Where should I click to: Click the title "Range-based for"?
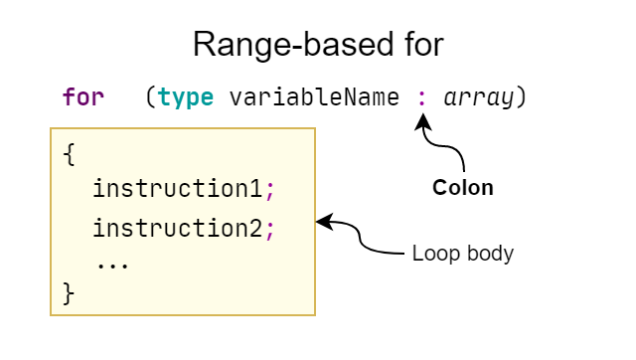(x=317, y=45)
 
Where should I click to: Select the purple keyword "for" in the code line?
(x=82, y=97)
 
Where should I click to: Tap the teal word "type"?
(x=186, y=98)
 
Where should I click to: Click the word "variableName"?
(x=314, y=98)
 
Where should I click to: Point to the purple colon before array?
(x=422, y=99)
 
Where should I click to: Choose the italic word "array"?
(x=479, y=98)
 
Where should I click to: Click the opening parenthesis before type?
(x=149, y=98)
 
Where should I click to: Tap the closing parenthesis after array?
(x=521, y=98)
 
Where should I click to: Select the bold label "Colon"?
(x=462, y=187)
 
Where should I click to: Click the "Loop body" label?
(x=462, y=254)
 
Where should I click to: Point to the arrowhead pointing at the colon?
(x=424, y=121)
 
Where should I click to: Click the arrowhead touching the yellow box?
(x=323, y=223)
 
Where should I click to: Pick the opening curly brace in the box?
(x=68, y=154)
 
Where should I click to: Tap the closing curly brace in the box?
(x=68, y=293)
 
